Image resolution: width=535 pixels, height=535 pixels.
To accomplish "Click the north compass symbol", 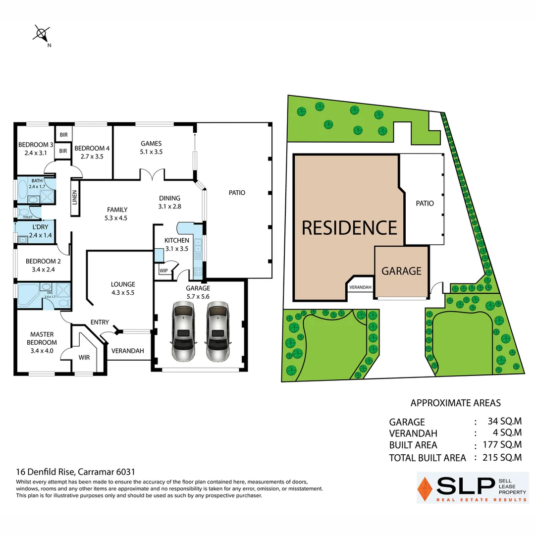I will pos(41,34).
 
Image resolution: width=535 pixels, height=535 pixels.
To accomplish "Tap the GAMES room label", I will pos(152,144).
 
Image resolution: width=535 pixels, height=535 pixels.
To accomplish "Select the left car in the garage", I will pos(183,331).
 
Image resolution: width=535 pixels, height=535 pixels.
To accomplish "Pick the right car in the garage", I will pos(218,331).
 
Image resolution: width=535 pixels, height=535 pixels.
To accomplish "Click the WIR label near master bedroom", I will pos(84,357).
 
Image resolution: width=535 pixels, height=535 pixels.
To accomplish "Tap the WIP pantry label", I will pos(163,271).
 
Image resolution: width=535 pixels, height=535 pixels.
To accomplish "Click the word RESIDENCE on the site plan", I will pos(349,227).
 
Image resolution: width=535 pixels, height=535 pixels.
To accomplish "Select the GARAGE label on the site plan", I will pos(401,271).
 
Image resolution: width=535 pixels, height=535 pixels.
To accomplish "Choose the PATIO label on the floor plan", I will pos(237,193).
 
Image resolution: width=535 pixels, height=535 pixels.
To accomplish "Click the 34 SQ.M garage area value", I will pos(504,422).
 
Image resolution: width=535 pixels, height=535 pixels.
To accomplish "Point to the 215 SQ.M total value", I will pos(502,457).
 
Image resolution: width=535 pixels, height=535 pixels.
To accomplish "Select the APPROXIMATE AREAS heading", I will pos(456,403).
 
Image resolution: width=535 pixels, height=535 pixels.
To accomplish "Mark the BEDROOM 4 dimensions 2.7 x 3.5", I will pos(92,157).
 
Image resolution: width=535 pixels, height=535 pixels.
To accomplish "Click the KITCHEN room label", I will pos(177,241).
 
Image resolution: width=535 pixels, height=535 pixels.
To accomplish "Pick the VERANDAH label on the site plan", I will pos(360,287).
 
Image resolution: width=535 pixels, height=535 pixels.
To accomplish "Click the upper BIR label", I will pos(63,135).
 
